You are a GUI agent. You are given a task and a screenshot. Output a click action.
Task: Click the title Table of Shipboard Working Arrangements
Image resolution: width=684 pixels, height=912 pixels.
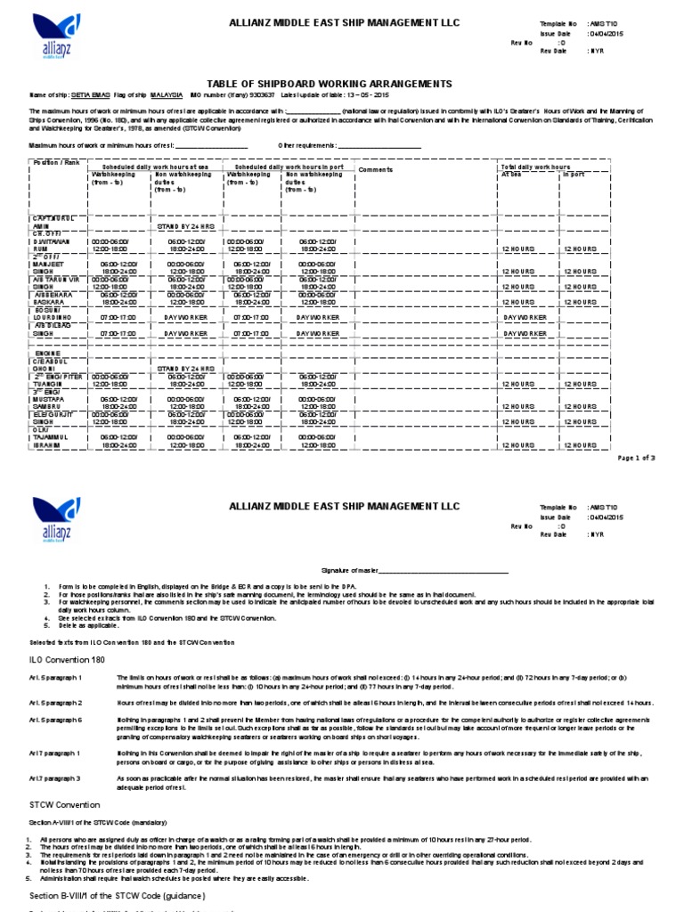coord(342,84)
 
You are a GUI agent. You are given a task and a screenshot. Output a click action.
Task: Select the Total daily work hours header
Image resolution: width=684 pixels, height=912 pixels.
coord(535,167)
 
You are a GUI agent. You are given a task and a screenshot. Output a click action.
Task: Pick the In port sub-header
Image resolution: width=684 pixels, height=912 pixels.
coord(573,175)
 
